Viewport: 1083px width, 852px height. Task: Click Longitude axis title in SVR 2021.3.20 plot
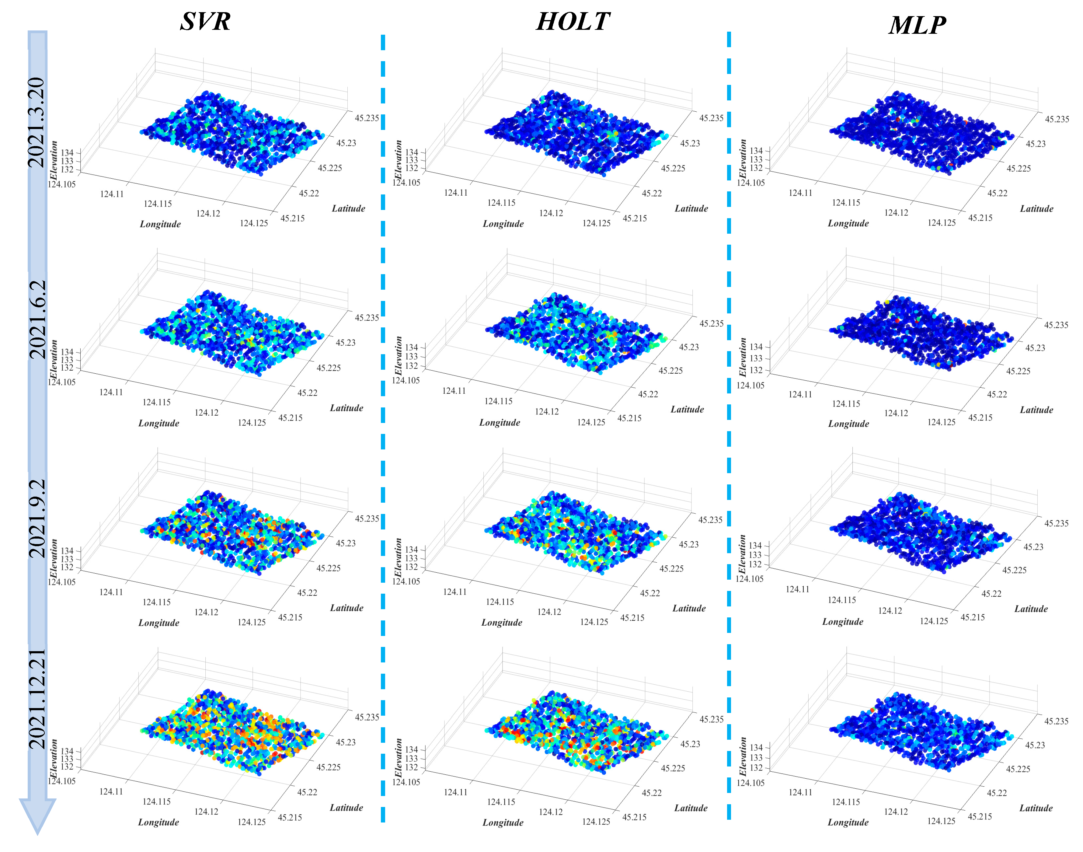click(x=160, y=224)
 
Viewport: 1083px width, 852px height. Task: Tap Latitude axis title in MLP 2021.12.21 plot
click(x=1036, y=808)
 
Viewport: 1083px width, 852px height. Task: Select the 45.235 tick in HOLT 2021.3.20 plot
click(x=711, y=118)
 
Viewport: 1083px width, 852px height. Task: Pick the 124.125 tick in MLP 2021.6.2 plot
click(x=941, y=422)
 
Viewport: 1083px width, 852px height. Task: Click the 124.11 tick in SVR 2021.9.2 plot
click(x=111, y=592)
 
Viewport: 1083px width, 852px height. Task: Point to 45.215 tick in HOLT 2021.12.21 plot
click(x=634, y=817)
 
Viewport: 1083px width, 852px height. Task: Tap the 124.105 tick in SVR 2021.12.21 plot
click(x=62, y=781)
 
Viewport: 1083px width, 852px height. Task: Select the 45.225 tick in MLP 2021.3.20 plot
click(x=1018, y=169)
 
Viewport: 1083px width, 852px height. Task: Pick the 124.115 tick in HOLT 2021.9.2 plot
click(x=500, y=602)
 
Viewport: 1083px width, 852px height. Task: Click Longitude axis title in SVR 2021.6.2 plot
click(x=158, y=423)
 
